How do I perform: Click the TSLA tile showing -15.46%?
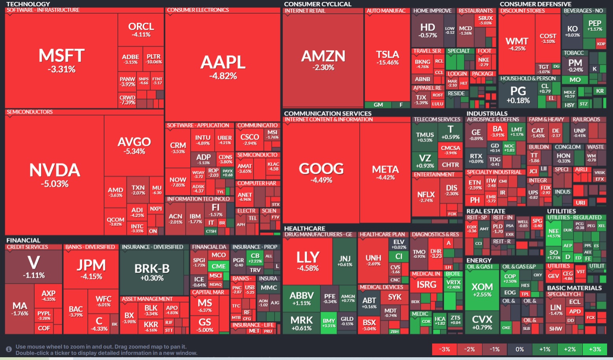tap(387, 57)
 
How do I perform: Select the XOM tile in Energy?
tap(482, 290)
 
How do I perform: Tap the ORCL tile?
tap(141, 29)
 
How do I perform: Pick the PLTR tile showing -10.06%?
tap(153, 59)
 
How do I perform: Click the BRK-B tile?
tap(152, 272)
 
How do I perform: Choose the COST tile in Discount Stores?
tap(548, 38)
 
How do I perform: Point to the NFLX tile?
tap(426, 197)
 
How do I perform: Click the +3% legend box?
tap(595, 349)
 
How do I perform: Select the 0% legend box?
tap(520, 349)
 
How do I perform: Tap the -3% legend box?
tap(444, 349)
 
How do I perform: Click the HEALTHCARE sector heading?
tap(305, 228)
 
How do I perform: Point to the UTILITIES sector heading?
tap(561, 211)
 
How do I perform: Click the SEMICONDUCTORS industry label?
tap(30, 112)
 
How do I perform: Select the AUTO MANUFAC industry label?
tap(386, 11)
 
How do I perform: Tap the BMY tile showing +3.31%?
tap(329, 323)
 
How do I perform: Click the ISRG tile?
tap(426, 285)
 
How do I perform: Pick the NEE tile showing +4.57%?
tap(554, 233)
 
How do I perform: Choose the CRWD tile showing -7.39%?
tap(127, 100)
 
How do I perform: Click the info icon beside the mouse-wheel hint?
tap(9, 349)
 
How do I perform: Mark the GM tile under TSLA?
tap(378, 105)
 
